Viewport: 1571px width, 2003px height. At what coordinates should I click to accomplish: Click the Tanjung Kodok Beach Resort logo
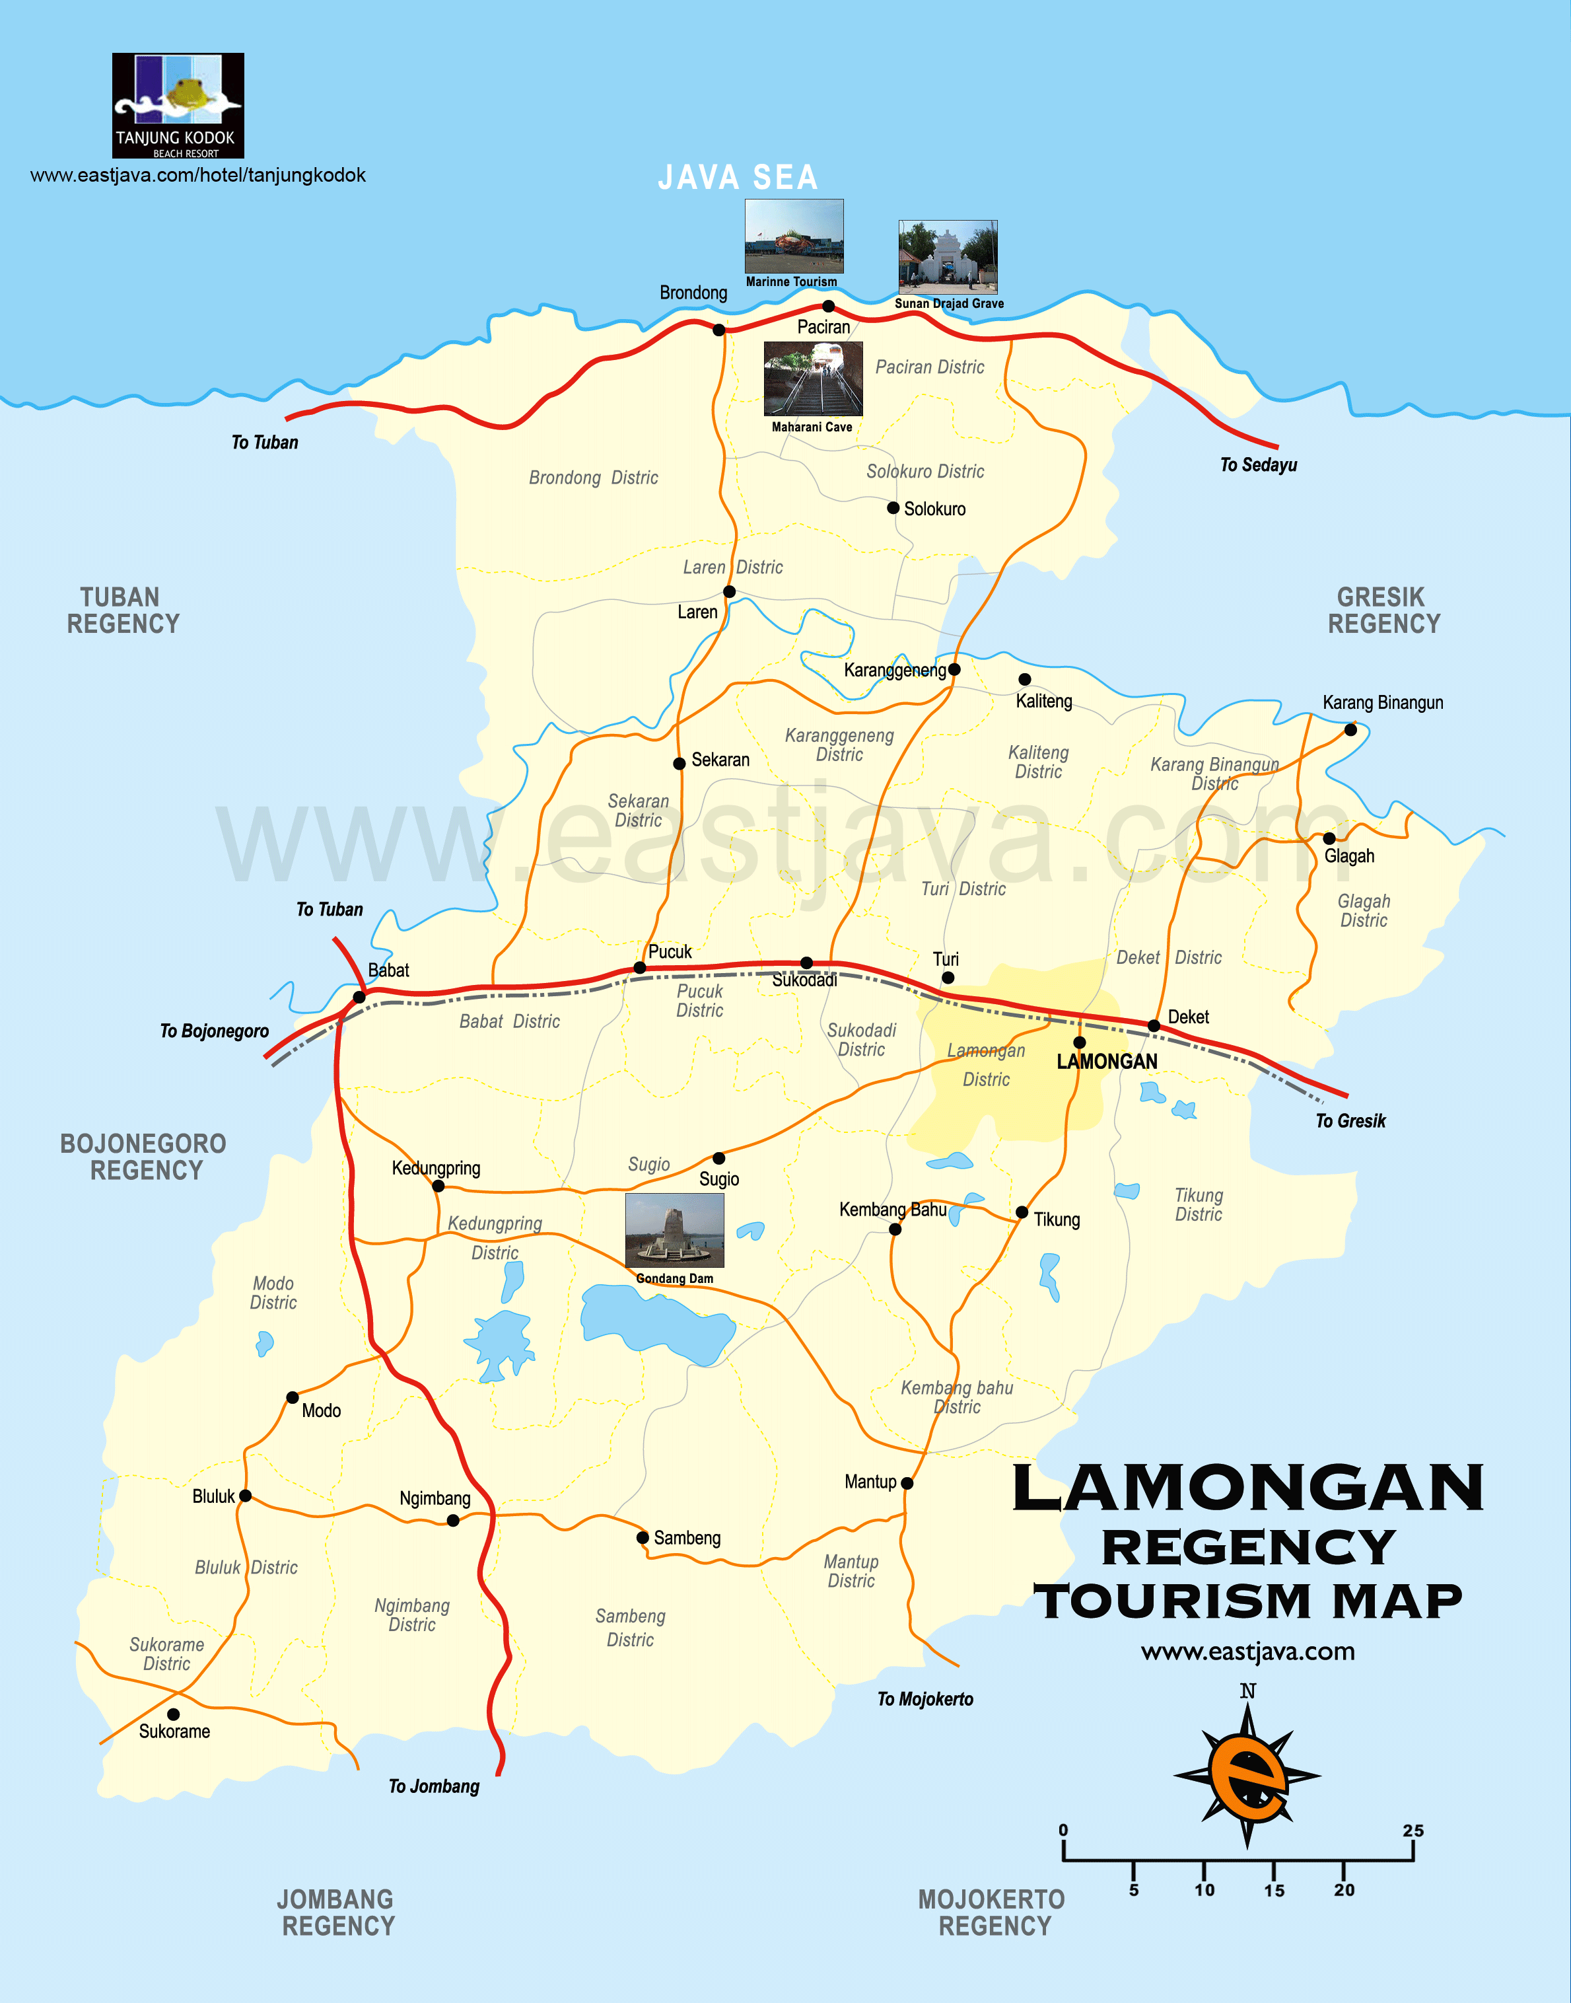pyautogui.click(x=178, y=105)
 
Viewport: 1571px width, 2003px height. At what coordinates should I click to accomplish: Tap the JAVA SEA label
pyautogui.click(x=738, y=178)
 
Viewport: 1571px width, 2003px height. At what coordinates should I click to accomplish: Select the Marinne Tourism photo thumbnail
pyautogui.click(x=793, y=237)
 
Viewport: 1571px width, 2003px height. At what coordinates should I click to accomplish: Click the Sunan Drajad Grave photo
pyautogui.click(x=948, y=257)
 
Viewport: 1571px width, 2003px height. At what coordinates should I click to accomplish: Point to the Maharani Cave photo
pyautogui.click(x=813, y=379)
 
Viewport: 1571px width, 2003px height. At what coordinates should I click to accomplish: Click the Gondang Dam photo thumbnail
pyautogui.click(x=674, y=1230)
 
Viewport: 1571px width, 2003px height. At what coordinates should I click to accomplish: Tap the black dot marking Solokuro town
pyautogui.click(x=893, y=508)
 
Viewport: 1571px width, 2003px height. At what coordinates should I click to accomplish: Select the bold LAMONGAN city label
pyautogui.click(x=1107, y=1062)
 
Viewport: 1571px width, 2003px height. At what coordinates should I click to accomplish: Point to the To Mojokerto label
pyautogui.click(x=925, y=1699)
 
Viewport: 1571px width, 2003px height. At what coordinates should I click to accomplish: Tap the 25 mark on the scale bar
pyautogui.click(x=1413, y=1831)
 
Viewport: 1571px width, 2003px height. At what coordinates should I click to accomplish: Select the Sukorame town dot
pyautogui.click(x=173, y=1714)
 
